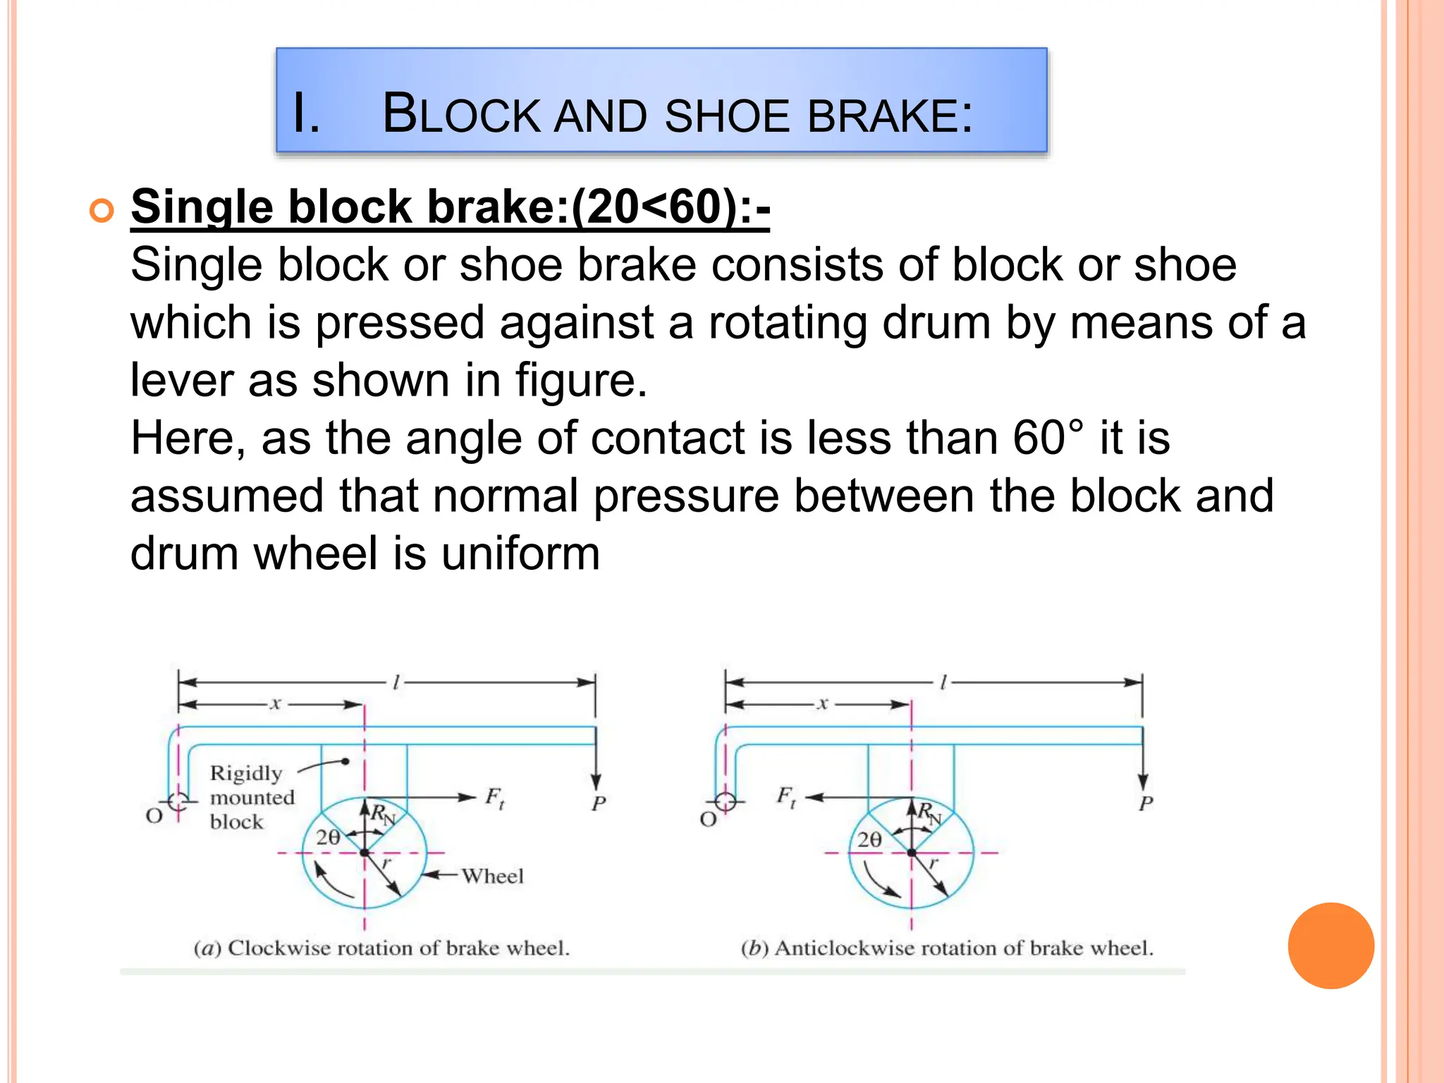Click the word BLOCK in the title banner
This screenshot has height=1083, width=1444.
click(x=461, y=114)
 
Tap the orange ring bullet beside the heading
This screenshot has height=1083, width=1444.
click(x=102, y=211)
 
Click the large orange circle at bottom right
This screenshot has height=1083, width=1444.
click(x=1330, y=946)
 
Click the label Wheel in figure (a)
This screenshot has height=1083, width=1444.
click(x=492, y=876)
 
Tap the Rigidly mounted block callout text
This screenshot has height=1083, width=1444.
click(x=251, y=797)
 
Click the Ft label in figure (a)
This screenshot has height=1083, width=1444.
click(x=495, y=797)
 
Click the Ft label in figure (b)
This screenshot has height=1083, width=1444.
click(x=787, y=797)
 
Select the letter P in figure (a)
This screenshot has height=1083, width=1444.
click(x=599, y=803)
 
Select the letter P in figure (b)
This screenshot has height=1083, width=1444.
click(x=1146, y=803)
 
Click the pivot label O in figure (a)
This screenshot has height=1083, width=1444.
click(x=154, y=816)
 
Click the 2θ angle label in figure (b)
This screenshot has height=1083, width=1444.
click(x=869, y=839)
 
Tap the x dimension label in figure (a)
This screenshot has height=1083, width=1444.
click(x=276, y=704)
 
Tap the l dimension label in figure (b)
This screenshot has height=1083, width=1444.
click(x=943, y=682)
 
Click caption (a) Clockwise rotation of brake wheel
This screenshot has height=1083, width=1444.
click(x=381, y=948)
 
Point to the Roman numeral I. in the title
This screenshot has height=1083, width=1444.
click(x=307, y=114)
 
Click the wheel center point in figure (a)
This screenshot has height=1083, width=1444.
click(x=365, y=852)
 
